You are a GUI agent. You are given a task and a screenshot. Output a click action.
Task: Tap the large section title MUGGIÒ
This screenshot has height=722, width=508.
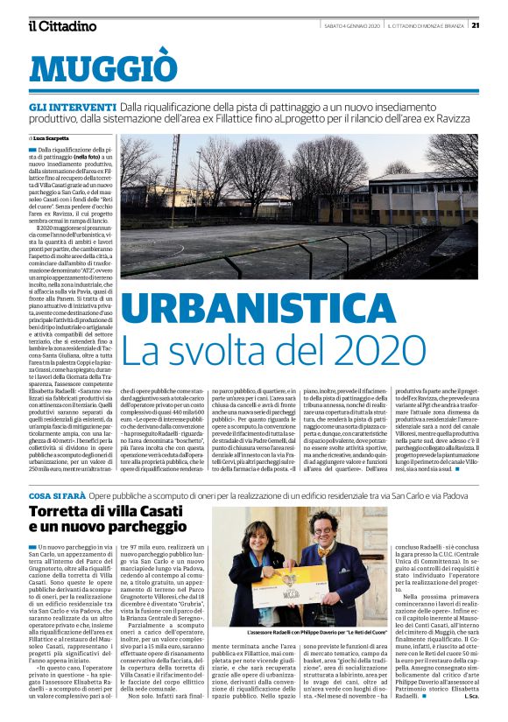[102, 67]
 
